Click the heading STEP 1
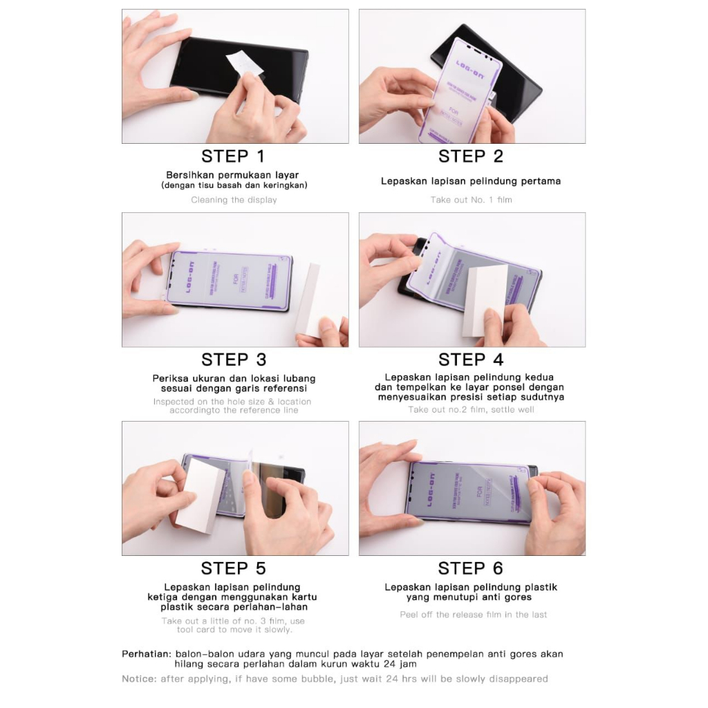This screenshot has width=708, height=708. (x=233, y=156)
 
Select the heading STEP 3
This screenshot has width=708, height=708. (x=233, y=360)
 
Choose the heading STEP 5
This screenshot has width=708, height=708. (x=233, y=568)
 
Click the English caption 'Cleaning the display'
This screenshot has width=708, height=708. (x=234, y=200)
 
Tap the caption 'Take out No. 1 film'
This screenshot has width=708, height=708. (x=471, y=200)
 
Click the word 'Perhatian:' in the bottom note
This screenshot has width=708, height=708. (x=146, y=653)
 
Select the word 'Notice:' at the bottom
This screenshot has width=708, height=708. (x=139, y=679)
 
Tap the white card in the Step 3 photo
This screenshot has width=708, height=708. (x=307, y=299)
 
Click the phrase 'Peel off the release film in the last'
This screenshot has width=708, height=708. (x=473, y=615)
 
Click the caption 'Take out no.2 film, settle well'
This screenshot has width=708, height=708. (x=471, y=409)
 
